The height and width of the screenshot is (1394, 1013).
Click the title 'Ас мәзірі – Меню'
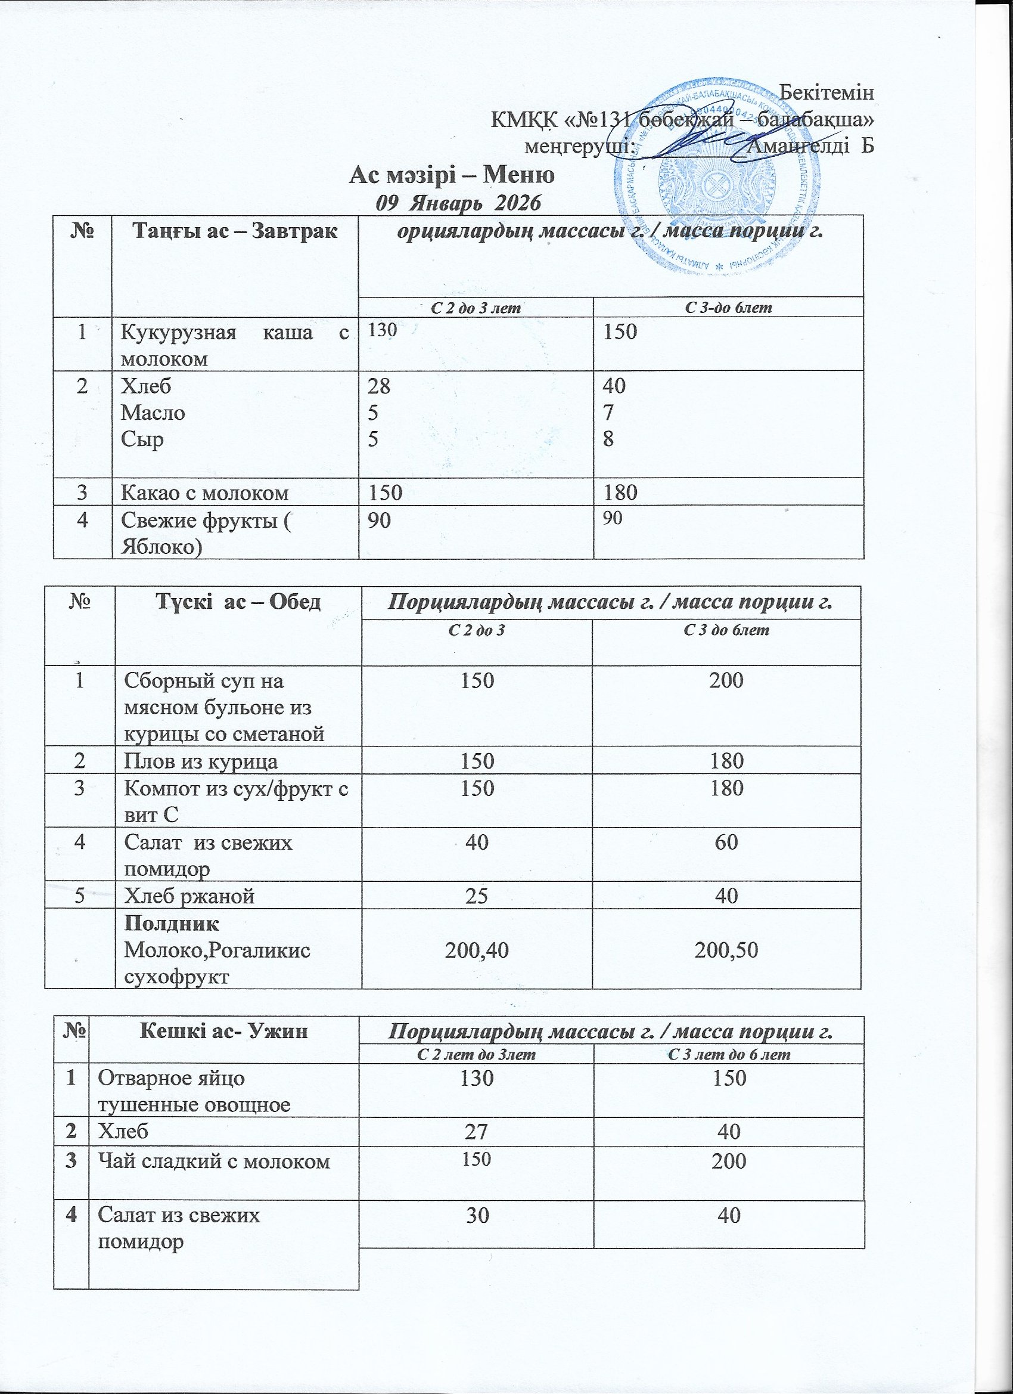[x=452, y=175]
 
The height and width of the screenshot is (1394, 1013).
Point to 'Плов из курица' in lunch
[x=201, y=761]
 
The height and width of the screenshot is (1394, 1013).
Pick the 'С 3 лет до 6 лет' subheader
[x=728, y=1055]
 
